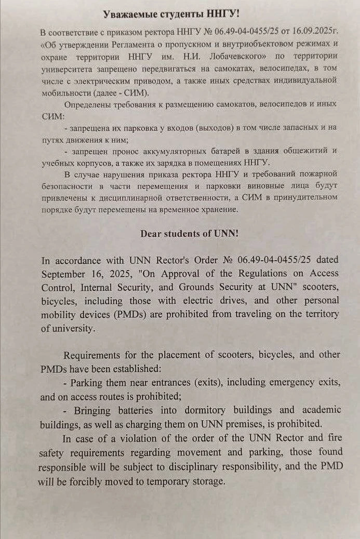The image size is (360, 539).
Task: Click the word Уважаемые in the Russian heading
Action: [x=125, y=14]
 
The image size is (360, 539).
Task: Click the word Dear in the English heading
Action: [x=152, y=233]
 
